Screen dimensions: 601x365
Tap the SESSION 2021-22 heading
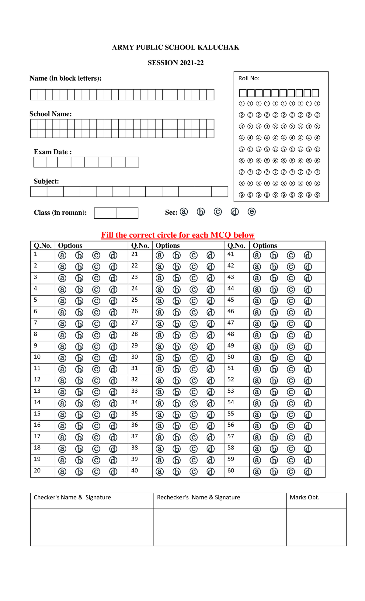click(x=176, y=63)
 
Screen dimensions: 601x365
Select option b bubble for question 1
click(x=79, y=255)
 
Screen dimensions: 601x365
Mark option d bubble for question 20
click(x=113, y=472)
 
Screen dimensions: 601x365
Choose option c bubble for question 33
click(x=193, y=392)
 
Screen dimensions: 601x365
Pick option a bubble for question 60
click(x=257, y=472)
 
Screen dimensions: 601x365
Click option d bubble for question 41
click(x=308, y=255)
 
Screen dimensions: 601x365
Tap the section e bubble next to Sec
click(x=252, y=212)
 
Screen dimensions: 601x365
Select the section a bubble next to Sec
click(x=184, y=212)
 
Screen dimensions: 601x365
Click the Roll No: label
click(x=249, y=78)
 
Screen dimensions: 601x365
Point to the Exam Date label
click(x=53, y=152)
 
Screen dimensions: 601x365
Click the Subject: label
click(x=46, y=181)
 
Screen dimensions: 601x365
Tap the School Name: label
click(x=50, y=114)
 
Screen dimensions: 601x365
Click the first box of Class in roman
click(x=105, y=213)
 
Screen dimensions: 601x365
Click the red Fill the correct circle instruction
click(x=178, y=235)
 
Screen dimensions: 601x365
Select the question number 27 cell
click(x=134, y=323)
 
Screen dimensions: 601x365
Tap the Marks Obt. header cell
click(x=304, y=497)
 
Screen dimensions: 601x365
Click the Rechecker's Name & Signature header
click(x=198, y=497)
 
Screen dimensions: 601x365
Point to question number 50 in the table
click(x=231, y=357)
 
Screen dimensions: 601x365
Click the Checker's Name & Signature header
click(x=72, y=497)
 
